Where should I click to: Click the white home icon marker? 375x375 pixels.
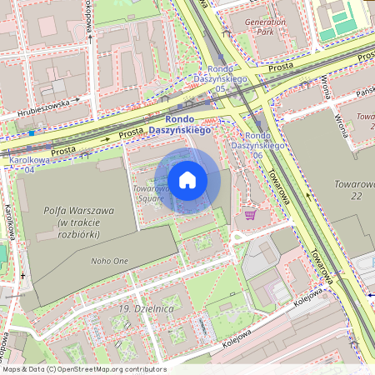coord(187,180)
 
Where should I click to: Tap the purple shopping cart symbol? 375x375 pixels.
coord(250,214)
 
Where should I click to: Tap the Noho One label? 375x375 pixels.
coord(109,261)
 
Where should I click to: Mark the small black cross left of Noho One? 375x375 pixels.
coord(23,276)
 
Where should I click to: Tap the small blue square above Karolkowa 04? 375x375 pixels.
coord(31,132)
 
